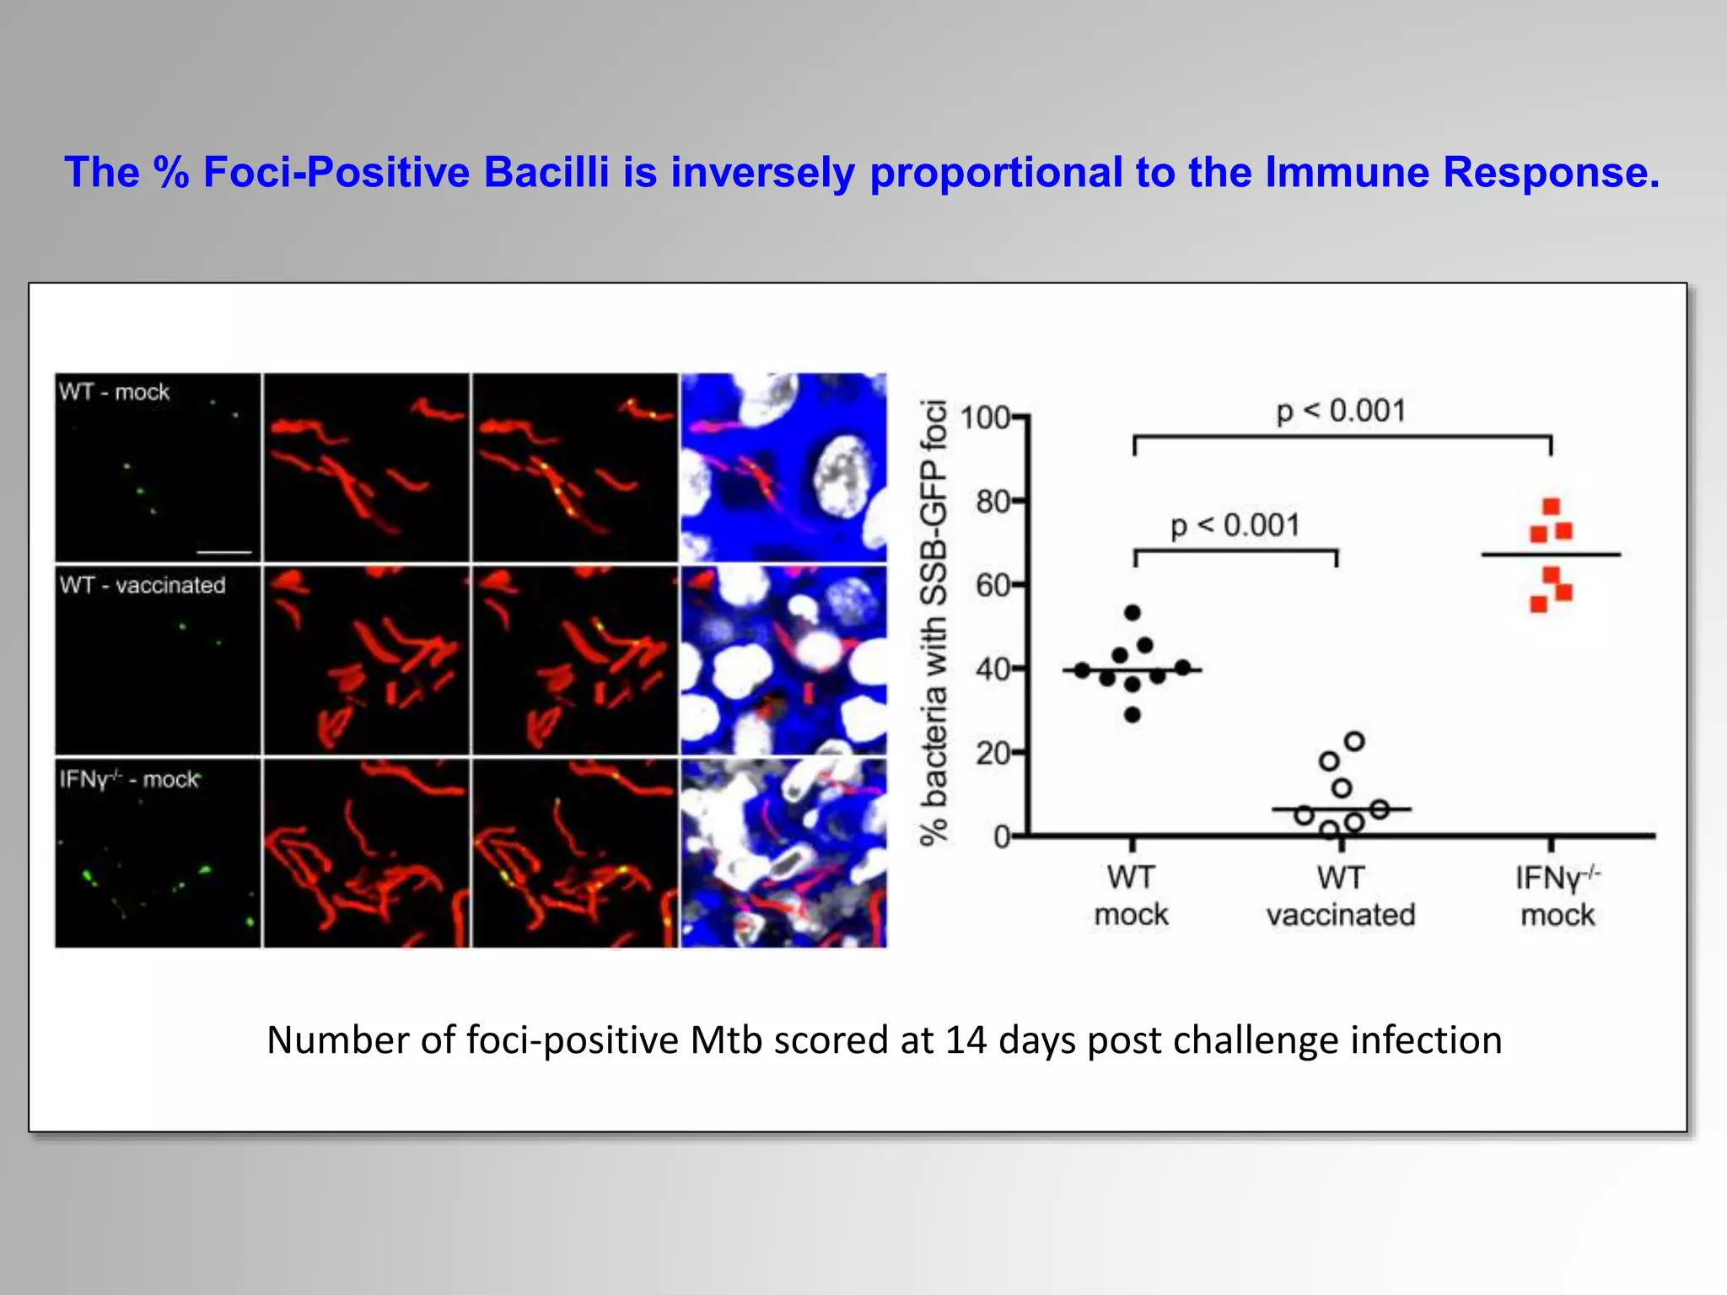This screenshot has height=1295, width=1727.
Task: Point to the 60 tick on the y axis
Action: click(993, 585)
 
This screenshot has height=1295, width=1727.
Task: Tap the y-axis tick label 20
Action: click(993, 753)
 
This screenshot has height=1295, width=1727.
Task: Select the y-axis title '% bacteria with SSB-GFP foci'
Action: click(934, 622)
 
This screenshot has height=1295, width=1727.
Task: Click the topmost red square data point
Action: click(1551, 507)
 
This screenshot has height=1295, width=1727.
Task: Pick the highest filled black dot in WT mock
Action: click(1133, 613)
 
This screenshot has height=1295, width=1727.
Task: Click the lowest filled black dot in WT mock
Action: click(1133, 715)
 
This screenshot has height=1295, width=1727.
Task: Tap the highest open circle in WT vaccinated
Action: click(1354, 742)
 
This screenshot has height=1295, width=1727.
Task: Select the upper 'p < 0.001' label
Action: click(1341, 411)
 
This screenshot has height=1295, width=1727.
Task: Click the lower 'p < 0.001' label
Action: click(1235, 525)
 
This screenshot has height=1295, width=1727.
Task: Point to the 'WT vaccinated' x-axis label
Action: click(1340, 896)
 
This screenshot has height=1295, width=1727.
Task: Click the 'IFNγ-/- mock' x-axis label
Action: click(1557, 896)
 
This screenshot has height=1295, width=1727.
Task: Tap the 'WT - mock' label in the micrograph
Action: click(114, 392)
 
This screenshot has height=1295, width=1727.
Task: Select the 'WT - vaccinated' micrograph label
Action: click(143, 585)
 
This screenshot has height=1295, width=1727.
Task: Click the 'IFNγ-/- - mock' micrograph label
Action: click(129, 779)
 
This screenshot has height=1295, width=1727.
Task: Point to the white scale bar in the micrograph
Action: click(224, 552)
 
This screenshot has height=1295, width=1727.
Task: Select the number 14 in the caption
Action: click(966, 1040)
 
